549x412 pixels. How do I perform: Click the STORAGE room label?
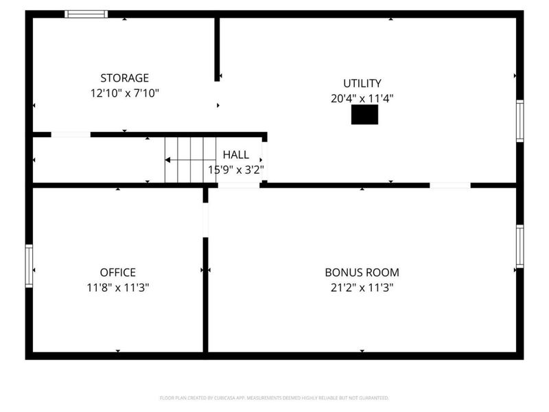click(x=124, y=78)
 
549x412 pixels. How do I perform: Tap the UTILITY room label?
click(x=362, y=83)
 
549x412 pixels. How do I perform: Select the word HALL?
click(x=235, y=156)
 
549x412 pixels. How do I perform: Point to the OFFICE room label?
click(x=117, y=273)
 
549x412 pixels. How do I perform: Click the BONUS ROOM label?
click(x=362, y=273)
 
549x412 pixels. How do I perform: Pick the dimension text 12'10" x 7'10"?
click(x=124, y=93)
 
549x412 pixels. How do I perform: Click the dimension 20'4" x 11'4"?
click(x=362, y=98)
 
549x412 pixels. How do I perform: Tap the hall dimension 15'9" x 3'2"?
click(x=236, y=169)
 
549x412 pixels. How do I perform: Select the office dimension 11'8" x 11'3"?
click(x=118, y=288)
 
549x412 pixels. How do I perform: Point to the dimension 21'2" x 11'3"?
click(x=362, y=288)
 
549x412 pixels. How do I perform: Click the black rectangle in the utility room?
click(x=364, y=115)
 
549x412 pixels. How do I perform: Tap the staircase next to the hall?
click(x=180, y=159)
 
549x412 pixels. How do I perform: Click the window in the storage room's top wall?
click(x=86, y=14)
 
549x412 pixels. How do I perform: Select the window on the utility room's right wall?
click(x=519, y=121)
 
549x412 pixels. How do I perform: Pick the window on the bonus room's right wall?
click(x=519, y=246)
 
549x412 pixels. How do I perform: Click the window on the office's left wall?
click(x=29, y=266)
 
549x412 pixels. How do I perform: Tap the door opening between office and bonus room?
click(x=205, y=220)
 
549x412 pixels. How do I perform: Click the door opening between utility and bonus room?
click(x=450, y=185)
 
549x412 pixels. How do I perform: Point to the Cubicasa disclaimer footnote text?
click(x=274, y=398)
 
